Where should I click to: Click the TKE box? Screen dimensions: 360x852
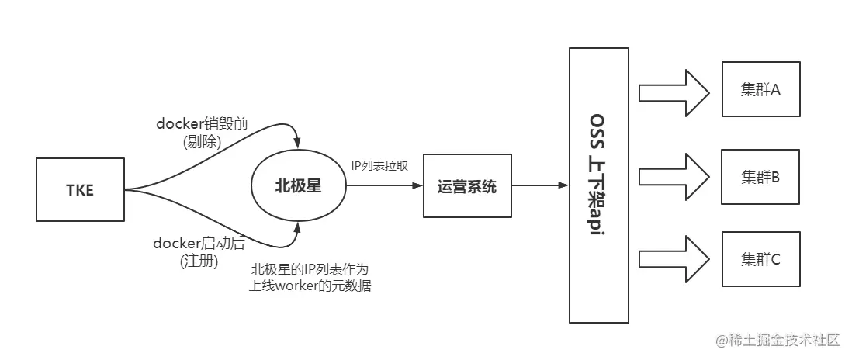point(80,189)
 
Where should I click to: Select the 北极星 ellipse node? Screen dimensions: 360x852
point(299,186)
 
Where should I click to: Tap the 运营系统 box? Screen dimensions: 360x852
point(467,186)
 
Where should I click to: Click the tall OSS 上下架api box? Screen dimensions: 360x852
point(597,185)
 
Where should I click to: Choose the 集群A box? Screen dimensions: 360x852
point(760,89)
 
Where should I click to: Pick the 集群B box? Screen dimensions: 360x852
point(760,176)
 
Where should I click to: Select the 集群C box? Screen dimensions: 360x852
point(760,258)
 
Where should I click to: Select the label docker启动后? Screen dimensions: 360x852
point(199,244)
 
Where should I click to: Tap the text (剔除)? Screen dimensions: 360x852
point(202,142)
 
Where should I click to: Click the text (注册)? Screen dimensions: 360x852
point(199,261)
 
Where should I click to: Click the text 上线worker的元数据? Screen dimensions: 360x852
point(310,286)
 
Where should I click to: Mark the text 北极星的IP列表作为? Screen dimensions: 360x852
point(310,269)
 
